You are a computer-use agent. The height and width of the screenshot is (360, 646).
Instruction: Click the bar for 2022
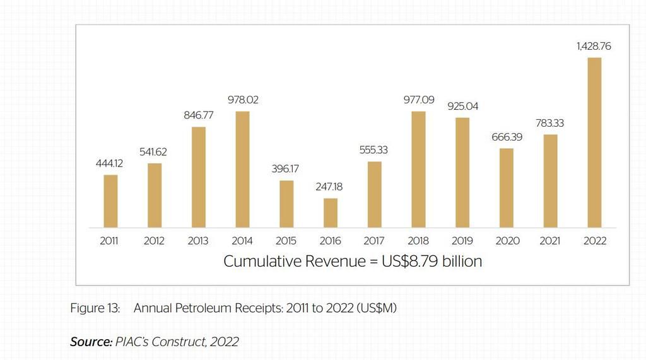click(x=594, y=142)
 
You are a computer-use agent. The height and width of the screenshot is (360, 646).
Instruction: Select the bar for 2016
click(x=331, y=213)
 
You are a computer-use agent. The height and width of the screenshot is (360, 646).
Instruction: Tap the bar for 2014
click(x=242, y=170)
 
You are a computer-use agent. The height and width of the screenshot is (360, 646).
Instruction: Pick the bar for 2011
click(x=110, y=201)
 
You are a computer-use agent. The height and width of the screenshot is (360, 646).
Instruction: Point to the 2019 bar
click(x=462, y=172)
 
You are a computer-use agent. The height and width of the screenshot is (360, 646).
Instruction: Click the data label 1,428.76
click(x=594, y=47)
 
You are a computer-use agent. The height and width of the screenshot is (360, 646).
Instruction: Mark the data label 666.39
click(x=507, y=137)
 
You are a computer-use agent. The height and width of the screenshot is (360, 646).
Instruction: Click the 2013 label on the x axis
click(x=198, y=241)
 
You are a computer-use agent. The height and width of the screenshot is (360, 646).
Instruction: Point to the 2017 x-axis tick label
click(x=374, y=241)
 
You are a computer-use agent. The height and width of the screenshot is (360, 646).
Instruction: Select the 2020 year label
click(x=507, y=241)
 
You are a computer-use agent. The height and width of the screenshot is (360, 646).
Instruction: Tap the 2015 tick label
click(x=286, y=241)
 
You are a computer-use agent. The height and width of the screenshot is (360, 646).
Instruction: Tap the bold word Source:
click(x=90, y=342)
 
